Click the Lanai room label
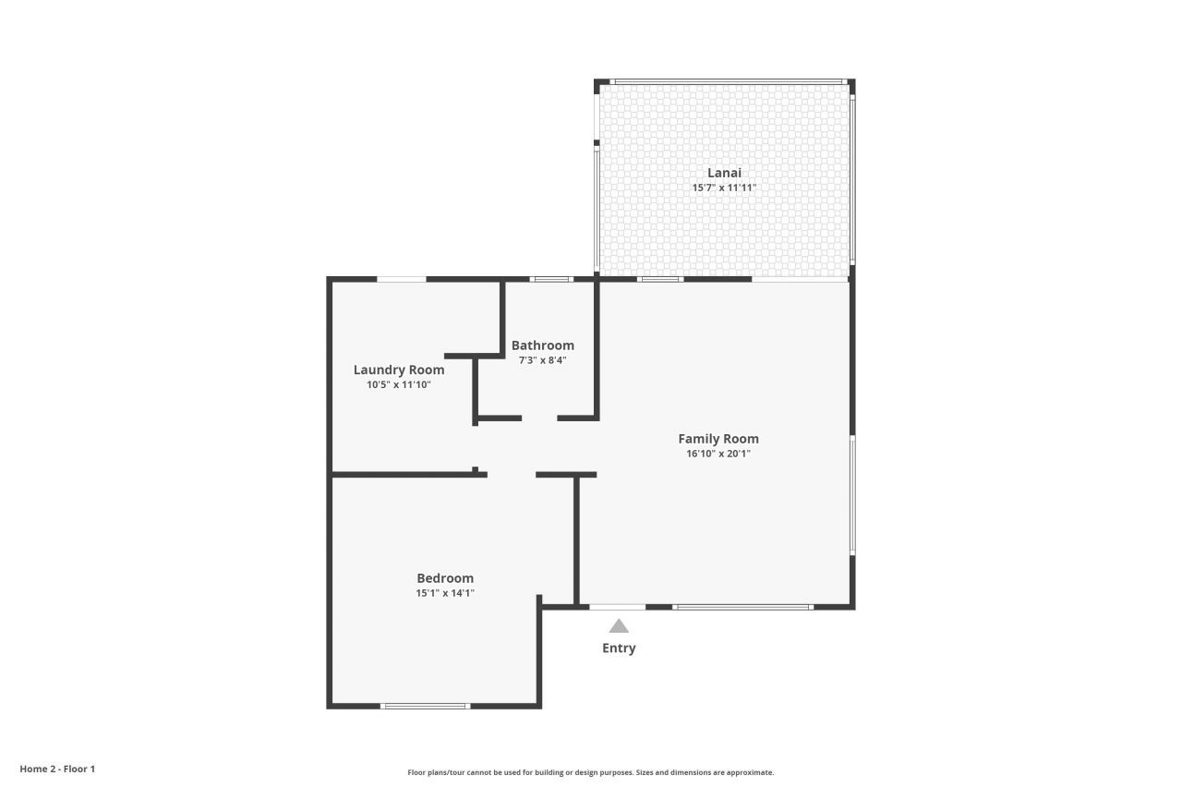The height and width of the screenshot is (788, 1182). (724, 173)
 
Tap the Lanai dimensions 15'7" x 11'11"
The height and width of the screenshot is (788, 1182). (724, 188)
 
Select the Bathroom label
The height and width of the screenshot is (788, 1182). (542, 346)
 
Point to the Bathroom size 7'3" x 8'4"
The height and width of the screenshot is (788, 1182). (542, 360)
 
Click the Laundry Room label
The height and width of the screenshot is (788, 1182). (399, 370)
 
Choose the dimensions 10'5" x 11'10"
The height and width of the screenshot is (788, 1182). (399, 384)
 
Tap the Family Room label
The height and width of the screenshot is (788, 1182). (718, 439)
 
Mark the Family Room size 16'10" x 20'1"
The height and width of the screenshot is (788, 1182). (718, 454)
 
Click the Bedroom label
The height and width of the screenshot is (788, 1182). (445, 578)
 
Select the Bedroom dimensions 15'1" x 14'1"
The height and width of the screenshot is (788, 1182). (445, 593)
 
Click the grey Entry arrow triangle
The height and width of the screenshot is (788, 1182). (619, 626)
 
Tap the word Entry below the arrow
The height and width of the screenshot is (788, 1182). (619, 649)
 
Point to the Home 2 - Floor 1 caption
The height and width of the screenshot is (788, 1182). (57, 769)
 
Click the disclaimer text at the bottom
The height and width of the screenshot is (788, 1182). (591, 772)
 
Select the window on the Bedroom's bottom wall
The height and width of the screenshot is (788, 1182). (425, 707)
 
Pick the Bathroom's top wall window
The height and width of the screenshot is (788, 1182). (551, 279)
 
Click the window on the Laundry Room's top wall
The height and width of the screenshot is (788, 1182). (401, 279)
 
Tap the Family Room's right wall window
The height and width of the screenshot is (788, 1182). (852, 495)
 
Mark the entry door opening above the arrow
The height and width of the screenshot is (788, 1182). (617, 607)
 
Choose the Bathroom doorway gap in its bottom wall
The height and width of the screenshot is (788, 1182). (539, 418)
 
